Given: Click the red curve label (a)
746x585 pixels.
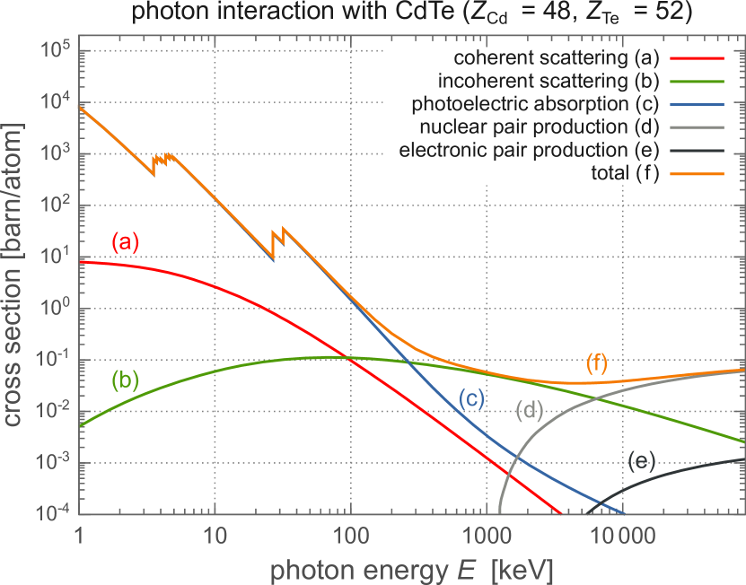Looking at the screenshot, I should coord(126,242).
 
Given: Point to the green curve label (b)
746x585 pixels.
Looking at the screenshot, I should coord(126,379).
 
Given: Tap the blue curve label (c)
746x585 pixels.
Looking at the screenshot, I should coord(472,399).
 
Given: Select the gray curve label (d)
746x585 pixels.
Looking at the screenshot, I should coord(531,412).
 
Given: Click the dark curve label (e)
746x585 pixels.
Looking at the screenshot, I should coord(641,462).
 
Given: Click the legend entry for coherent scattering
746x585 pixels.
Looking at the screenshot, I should coord(557,58).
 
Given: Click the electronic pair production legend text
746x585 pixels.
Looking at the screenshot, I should coord(529,151).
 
